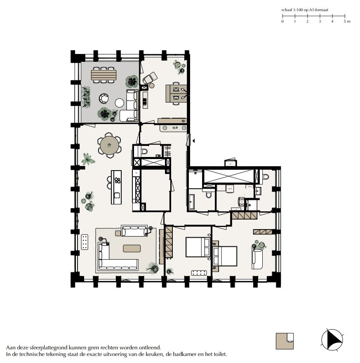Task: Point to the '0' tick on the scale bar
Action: point(282,21)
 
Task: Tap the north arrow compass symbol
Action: point(332,340)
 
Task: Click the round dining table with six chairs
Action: point(110,145)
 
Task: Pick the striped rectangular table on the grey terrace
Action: point(104,75)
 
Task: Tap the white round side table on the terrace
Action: point(120,103)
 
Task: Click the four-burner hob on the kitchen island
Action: point(117,180)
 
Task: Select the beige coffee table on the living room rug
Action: point(132,248)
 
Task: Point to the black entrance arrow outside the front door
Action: point(193,141)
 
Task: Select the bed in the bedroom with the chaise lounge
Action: point(225,256)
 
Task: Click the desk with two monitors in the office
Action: point(176,93)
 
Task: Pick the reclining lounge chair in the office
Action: point(149,77)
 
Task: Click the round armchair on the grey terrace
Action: point(104,98)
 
